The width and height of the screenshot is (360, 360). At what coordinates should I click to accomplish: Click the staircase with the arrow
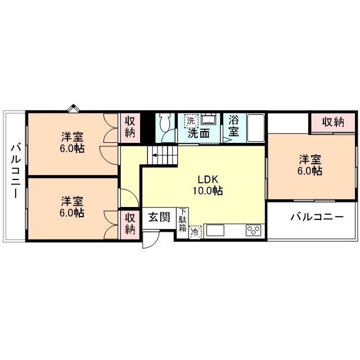click(x=161, y=152)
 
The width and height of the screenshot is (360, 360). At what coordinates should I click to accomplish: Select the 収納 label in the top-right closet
click(x=333, y=121)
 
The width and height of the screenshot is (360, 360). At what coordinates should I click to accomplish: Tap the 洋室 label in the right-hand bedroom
click(x=310, y=159)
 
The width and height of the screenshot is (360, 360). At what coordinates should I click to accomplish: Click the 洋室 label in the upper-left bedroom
click(x=73, y=137)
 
